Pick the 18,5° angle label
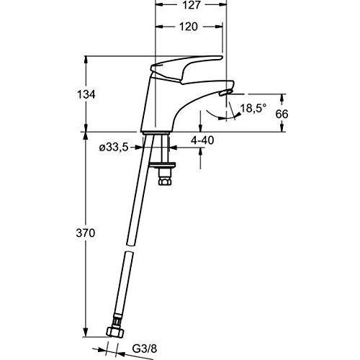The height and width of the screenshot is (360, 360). (253, 109)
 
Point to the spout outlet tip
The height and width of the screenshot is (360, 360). (225, 93)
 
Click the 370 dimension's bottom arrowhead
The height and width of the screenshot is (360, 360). (85, 335)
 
